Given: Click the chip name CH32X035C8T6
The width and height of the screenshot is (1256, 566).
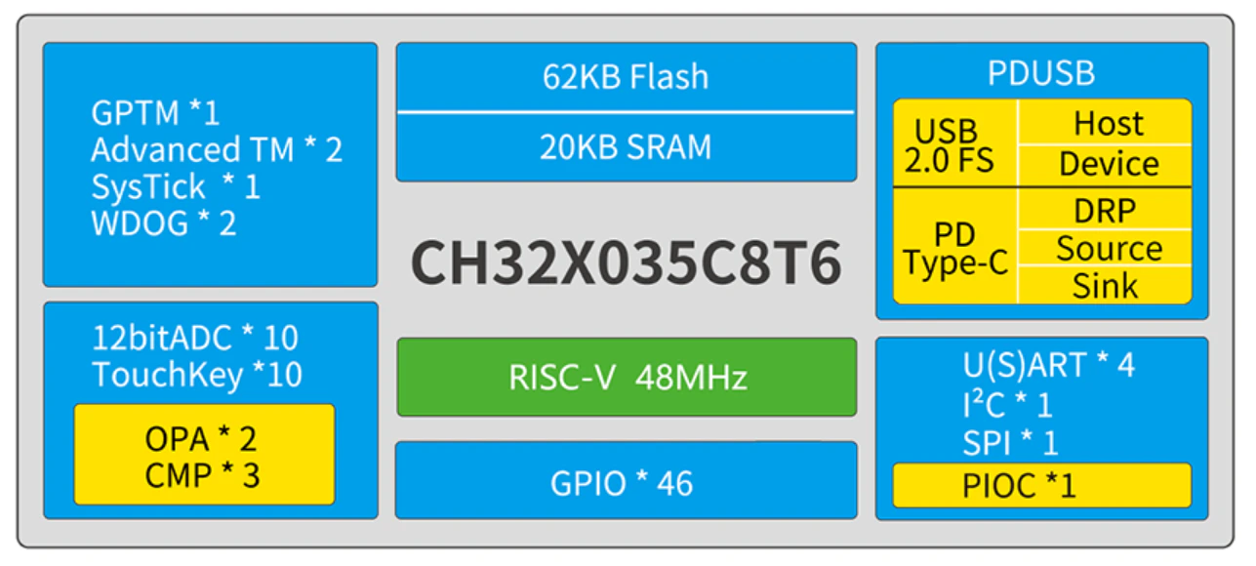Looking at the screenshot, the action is (626, 263).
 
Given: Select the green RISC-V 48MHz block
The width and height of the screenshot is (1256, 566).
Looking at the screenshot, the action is (627, 377).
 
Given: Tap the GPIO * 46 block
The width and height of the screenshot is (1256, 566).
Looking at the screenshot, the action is (627, 481).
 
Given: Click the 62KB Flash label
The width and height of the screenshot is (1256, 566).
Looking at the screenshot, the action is (626, 76).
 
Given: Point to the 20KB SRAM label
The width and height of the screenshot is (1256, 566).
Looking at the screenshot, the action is (626, 147).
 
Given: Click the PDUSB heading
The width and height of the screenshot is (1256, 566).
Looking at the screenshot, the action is (1041, 73).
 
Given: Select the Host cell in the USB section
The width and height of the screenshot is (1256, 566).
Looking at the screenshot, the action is (1105, 122).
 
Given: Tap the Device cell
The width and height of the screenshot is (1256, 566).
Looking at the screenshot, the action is (1105, 166).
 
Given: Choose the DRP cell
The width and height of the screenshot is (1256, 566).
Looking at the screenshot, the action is (1105, 209).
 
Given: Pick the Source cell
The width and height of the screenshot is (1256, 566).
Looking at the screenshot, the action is (1105, 248).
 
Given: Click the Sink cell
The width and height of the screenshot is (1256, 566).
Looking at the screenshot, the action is (1105, 285).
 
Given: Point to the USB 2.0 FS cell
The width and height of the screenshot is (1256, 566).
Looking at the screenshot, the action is (954, 143).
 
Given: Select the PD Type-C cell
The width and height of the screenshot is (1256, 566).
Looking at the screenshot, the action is (954, 247).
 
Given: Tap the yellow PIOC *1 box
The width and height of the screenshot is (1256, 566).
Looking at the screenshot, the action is (1042, 485).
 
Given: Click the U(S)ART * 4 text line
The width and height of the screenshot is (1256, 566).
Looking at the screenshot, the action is (1048, 365).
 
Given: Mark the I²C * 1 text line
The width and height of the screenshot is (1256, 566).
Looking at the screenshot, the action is (1007, 403).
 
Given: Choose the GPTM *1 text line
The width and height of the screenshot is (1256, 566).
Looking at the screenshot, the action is (155, 113).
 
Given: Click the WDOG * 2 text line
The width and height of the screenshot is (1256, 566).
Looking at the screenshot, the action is (164, 223).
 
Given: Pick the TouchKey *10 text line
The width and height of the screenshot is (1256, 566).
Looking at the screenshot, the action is (197, 375).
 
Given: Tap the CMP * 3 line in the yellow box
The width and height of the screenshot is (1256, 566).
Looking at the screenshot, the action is (202, 475).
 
